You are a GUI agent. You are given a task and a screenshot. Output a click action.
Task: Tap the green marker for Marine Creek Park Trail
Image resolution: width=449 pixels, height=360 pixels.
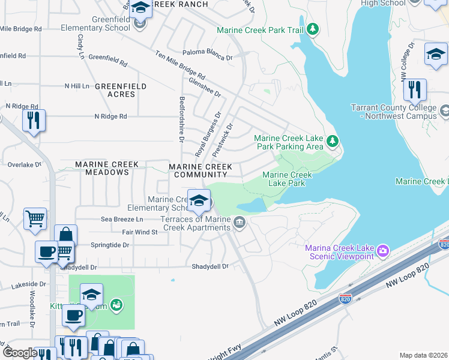coord(312,29)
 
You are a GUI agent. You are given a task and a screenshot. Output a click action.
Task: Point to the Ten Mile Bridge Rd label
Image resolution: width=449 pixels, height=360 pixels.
coord(180,65)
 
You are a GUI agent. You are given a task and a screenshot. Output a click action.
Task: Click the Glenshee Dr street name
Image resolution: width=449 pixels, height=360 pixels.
coord(204,86)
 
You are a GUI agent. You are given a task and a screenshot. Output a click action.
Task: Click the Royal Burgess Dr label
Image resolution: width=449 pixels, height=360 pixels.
coord(208,133)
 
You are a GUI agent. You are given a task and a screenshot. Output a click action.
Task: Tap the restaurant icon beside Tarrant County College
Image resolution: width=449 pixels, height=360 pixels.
coord(415,90)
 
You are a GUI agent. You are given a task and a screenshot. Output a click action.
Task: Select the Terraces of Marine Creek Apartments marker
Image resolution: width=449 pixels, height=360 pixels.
coord(240,223)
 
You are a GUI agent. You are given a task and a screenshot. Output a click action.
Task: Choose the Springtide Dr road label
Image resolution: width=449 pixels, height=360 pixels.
coord(110,245)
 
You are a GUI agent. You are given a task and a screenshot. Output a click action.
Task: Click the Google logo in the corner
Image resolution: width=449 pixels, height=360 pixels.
coord(20,353)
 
